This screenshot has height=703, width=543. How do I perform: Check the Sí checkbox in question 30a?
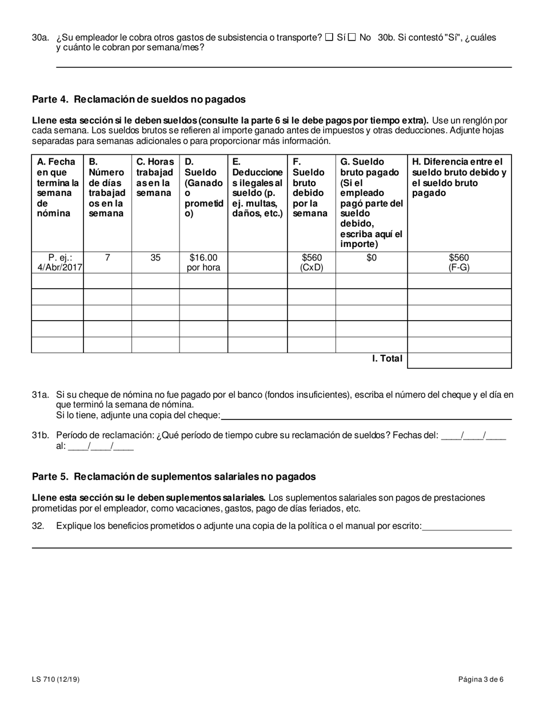329,38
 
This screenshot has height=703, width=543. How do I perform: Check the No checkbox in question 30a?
352,38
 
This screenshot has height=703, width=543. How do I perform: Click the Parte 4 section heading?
139,99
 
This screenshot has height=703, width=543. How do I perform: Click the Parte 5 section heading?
174,477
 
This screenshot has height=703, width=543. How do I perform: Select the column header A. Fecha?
57,187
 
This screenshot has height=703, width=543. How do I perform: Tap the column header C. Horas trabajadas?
155,177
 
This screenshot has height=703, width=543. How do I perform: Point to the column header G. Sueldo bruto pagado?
371,203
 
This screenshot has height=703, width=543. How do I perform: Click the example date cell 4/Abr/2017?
57,262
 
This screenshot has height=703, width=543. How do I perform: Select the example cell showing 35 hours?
155,258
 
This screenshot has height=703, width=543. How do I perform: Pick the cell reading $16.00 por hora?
203,262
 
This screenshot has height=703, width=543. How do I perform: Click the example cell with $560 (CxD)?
311,262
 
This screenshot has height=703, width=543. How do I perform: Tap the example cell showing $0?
371,258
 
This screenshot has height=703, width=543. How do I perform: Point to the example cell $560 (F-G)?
459,262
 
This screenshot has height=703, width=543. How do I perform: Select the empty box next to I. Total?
459,361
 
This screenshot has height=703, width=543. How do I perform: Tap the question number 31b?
41,436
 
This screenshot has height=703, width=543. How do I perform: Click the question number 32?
38,526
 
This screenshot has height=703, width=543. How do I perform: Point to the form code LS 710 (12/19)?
56,680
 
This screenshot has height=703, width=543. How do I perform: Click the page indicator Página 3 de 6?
481,680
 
